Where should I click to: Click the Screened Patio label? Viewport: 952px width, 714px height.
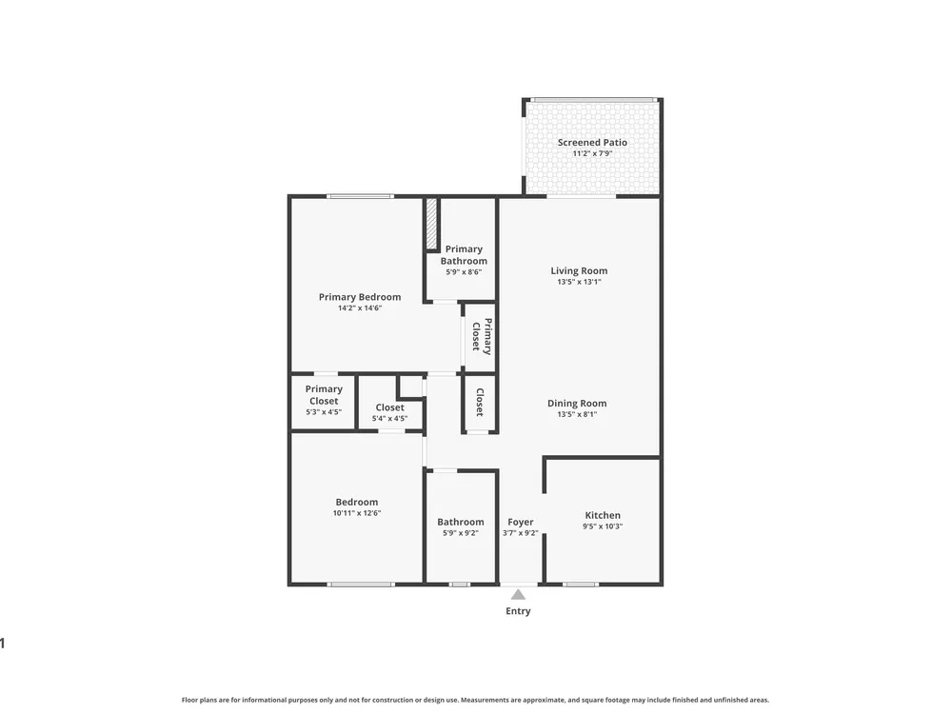pos(592,143)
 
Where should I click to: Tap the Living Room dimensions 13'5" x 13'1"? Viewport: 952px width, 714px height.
pos(579,282)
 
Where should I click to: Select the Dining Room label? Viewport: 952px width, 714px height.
pos(577,403)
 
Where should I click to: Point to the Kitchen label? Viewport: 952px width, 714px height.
pos(603,515)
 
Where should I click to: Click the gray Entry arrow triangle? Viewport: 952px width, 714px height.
pos(518,594)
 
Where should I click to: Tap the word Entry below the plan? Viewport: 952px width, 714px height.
pos(518,611)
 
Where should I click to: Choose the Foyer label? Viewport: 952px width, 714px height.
pos(521,522)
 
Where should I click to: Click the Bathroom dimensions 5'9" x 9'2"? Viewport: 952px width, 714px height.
pos(460,533)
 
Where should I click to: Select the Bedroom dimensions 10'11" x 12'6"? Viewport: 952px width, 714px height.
pos(356,513)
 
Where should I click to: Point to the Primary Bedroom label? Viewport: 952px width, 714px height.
pos(360,297)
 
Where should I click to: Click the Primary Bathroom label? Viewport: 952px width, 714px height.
pos(464,255)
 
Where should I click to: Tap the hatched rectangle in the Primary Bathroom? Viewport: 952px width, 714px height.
pos(431,223)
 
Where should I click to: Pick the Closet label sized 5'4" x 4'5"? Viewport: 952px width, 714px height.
pos(389,408)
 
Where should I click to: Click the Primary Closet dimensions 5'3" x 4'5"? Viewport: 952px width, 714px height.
pos(324,412)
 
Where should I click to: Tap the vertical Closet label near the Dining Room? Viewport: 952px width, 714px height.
pos(480,402)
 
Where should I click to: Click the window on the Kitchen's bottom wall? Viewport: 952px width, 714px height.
pos(580,585)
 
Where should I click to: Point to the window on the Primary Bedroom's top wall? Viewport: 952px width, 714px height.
pos(360,196)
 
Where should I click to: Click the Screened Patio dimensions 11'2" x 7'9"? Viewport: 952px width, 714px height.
pos(592,153)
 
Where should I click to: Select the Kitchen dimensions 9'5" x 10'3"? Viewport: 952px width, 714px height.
pos(603,526)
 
